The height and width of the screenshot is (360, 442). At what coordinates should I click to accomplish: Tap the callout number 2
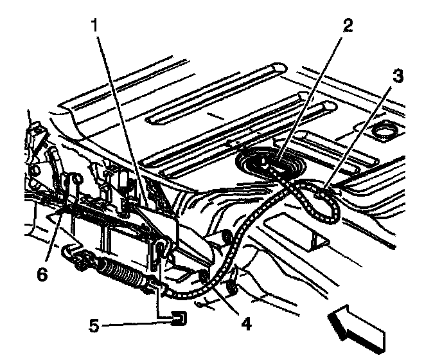click(x=348, y=26)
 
